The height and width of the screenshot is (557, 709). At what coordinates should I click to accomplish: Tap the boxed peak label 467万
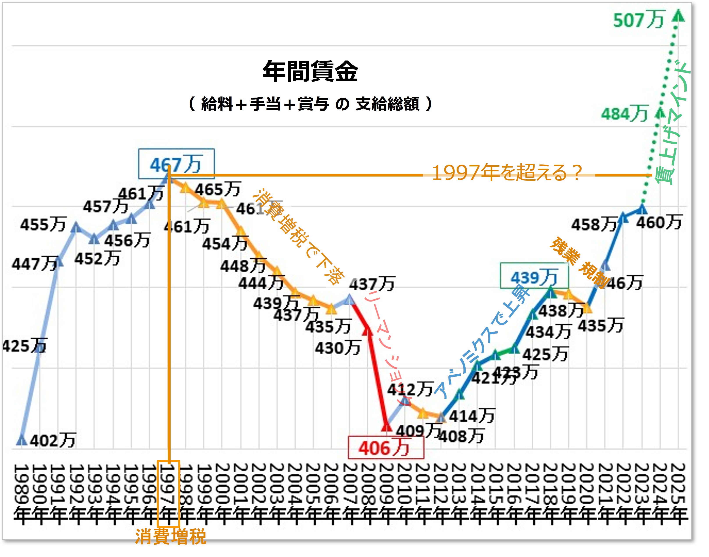pyautogui.click(x=176, y=164)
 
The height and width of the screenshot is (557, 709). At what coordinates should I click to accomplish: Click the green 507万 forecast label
pyautogui.click(x=639, y=20)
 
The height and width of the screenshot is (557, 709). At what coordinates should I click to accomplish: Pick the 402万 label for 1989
pyautogui.click(x=53, y=441)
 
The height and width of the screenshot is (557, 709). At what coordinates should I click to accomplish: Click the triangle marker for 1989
pyautogui.click(x=21, y=440)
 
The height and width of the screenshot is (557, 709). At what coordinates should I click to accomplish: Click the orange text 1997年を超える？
pyautogui.click(x=507, y=173)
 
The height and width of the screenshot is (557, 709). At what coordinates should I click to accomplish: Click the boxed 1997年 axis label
pyautogui.click(x=168, y=493)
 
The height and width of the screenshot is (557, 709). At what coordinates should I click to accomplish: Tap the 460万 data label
pyautogui.click(x=659, y=222)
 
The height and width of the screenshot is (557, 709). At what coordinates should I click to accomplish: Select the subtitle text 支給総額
pyautogui.click(x=388, y=104)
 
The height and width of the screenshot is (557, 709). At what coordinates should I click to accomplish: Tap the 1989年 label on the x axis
pyautogui.click(x=21, y=493)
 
